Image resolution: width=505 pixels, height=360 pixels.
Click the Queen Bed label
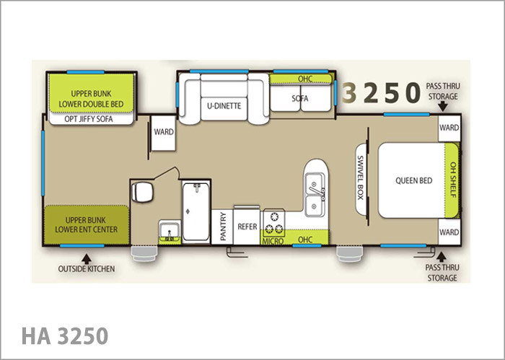point(413,180)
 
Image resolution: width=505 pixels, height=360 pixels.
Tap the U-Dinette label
point(224,105)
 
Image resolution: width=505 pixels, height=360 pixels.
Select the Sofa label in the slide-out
point(300,98)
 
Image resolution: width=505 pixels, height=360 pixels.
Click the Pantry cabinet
point(222,227)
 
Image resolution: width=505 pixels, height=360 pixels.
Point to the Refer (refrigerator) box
point(247,226)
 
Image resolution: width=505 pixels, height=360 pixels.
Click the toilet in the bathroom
point(141,192)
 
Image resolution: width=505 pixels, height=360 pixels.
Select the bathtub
point(196,211)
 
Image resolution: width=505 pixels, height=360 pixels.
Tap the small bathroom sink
point(170,231)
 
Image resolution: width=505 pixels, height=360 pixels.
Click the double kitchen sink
point(315,194)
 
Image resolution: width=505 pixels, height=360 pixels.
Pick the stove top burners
point(274,222)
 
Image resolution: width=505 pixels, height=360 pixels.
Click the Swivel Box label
point(361,177)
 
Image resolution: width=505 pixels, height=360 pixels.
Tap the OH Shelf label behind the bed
point(453,180)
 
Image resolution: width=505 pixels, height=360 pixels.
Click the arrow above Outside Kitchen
point(86,259)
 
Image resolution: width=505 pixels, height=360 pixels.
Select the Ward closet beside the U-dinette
point(163,133)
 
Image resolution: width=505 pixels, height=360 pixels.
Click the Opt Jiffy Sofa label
point(89,119)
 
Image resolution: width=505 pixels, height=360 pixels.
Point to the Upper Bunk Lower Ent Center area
point(87,225)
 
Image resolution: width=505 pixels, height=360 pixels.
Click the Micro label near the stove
point(273,241)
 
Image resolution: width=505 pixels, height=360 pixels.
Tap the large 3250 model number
point(381,92)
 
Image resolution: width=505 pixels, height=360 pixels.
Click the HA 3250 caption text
point(65,336)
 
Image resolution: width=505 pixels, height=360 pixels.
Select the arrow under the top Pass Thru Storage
point(443,106)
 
